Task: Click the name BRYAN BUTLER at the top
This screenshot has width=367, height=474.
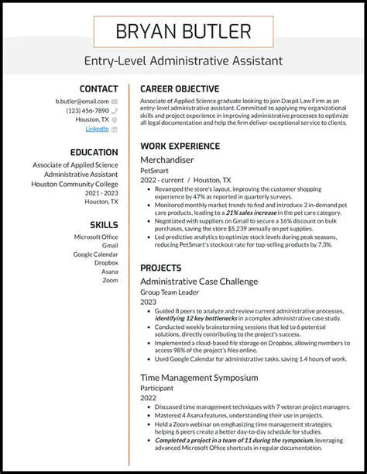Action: (x=183, y=32)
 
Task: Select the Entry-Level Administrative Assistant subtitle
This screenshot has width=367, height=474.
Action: (x=183, y=61)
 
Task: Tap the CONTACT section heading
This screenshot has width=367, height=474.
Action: (x=98, y=89)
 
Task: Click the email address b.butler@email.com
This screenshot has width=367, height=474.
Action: (x=82, y=102)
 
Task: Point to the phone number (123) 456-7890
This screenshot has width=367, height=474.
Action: (x=87, y=111)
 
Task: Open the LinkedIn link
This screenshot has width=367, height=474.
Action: (x=97, y=130)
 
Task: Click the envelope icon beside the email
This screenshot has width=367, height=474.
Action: (x=115, y=102)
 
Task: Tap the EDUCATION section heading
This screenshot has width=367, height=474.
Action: (x=94, y=152)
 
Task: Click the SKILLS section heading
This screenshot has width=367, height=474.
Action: (x=104, y=224)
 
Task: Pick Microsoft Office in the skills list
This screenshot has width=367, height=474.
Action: (x=96, y=237)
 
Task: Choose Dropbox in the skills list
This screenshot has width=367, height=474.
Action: (x=106, y=262)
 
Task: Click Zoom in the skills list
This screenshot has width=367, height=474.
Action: (x=110, y=280)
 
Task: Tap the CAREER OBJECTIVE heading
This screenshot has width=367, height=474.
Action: (x=180, y=89)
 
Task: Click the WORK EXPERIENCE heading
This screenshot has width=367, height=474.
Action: (x=179, y=146)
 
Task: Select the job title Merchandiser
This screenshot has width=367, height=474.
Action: (x=169, y=159)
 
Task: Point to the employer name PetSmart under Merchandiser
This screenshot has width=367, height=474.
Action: (x=153, y=170)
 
